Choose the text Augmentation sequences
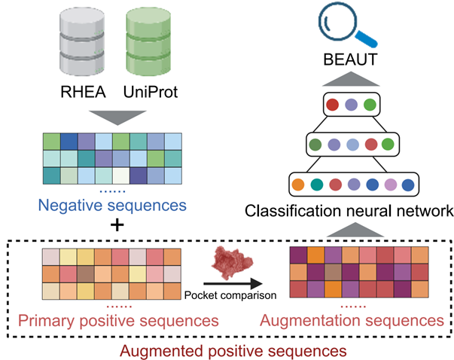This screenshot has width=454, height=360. point(351,320)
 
